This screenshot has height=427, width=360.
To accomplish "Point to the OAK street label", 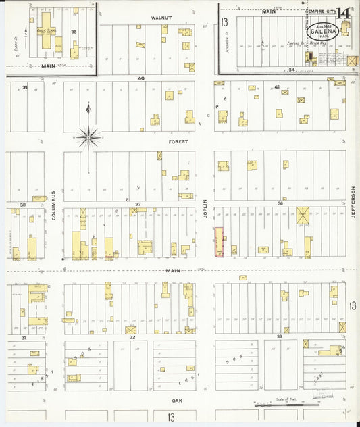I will click(177, 401).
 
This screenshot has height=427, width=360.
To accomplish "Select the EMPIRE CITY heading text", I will click(321, 11).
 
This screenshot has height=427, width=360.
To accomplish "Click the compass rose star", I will click(88, 138).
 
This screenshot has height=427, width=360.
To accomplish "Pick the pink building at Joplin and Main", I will click(219, 242).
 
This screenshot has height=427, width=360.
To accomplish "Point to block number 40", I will click(140, 78).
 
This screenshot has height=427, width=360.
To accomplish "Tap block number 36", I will click(280, 203).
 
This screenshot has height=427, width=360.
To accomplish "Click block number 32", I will click(132, 336).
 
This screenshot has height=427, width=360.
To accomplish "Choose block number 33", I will click(279, 336).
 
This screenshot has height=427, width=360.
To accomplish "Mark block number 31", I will click(23, 336).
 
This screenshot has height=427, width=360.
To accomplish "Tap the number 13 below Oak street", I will click(171, 418).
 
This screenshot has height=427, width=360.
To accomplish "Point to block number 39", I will click(25, 87).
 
